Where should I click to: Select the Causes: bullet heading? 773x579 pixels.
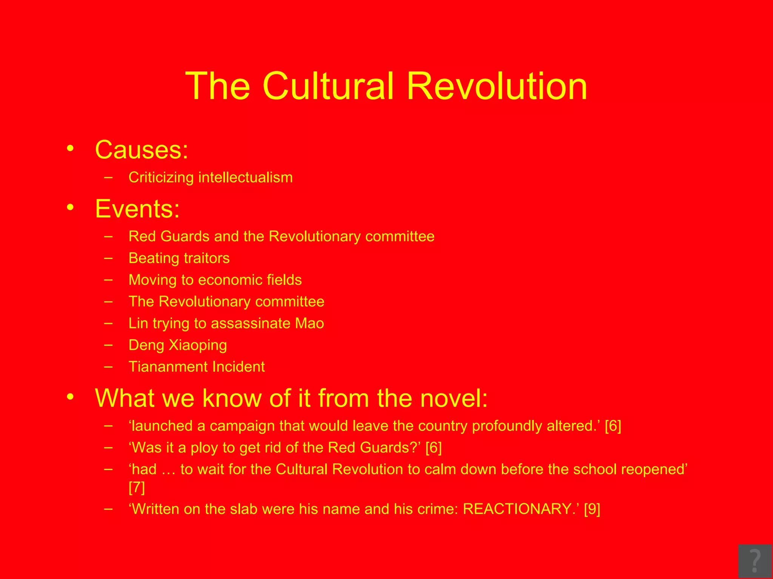point(142,150)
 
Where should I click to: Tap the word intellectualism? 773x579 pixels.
point(245,177)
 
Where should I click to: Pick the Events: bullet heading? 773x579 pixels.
point(137,208)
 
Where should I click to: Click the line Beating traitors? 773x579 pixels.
point(179,258)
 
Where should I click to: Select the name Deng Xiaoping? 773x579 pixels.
point(177,345)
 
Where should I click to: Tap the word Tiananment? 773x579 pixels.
point(166,367)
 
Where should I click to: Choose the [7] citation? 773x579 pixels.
point(137,487)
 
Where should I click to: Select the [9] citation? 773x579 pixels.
point(592,509)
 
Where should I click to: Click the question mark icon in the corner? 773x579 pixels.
point(755,561)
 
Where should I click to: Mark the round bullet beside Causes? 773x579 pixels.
point(70,148)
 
